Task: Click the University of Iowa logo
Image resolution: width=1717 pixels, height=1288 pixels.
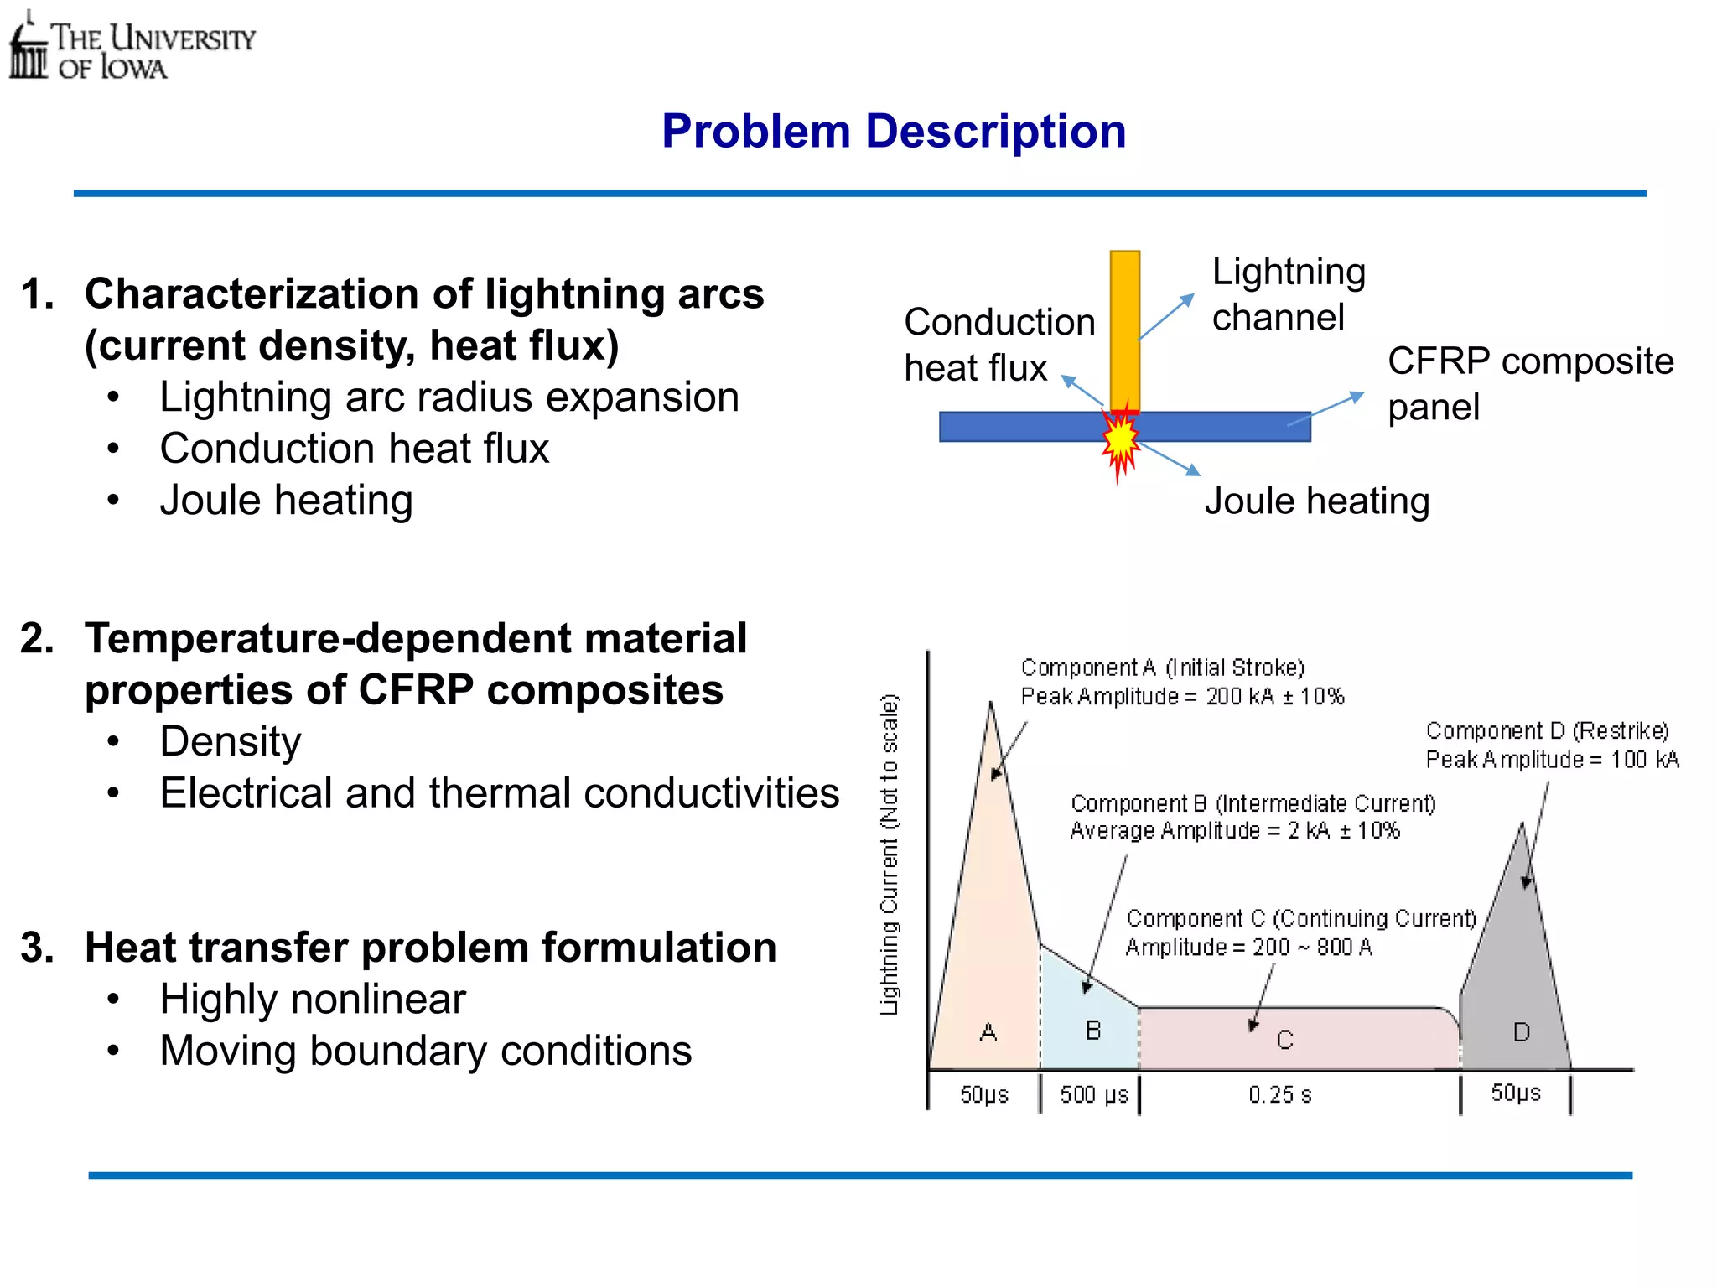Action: click(131, 49)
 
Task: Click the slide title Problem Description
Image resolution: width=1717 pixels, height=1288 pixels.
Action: click(893, 132)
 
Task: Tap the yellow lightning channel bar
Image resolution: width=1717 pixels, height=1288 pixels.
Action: click(1124, 327)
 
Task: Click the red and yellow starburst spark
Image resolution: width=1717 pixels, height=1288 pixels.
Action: click(1120, 439)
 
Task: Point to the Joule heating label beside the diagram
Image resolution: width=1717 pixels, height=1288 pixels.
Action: click(1316, 501)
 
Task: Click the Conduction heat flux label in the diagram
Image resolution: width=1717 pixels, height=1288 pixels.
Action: click(999, 345)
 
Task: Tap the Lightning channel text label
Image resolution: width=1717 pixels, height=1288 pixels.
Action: click(1288, 294)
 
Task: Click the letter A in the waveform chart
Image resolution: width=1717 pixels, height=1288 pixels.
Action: click(988, 1032)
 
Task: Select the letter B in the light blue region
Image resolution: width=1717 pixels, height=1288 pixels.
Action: click(1092, 1031)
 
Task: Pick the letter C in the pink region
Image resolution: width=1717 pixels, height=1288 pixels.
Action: click(1284, 1041)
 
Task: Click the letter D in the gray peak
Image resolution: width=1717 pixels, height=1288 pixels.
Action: click(1521, 1032)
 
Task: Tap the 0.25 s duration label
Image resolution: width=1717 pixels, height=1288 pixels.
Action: click(1279, 1095)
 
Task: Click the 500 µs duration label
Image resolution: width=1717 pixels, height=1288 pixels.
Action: click(1093, 1095)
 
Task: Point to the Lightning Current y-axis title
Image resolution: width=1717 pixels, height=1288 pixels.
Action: click(890, 854)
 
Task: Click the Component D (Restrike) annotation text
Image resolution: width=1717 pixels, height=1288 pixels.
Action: click(1547, 731)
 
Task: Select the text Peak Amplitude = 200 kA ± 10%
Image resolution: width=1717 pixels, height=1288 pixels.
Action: click(1181, 697)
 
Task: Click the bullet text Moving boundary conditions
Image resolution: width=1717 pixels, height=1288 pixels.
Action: click(425, 1051)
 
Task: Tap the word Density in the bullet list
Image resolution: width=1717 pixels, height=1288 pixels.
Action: click(231, 741)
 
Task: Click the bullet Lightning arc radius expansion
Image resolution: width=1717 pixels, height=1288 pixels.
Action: click(449, 397)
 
